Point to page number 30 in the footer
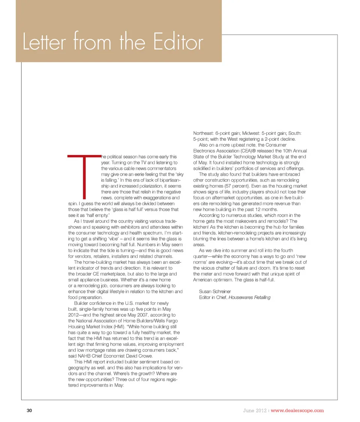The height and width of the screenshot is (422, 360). pyautogui.click(x=29, y=410)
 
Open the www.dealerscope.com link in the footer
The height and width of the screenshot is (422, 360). pyautogui.click(x=297, y=410)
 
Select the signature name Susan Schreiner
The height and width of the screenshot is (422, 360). pyautogui.click(x=214, y=291)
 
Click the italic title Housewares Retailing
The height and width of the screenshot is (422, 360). pyautogui.click(x=249, y=297)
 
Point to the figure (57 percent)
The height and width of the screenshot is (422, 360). pyautogui.click(x=235, y=186)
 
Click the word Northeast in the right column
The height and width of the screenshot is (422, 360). pyautogui.click(x=203, y=133)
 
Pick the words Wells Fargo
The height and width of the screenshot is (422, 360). pyautogui.click(x=166, y=321)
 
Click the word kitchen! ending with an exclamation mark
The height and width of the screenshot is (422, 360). pyautogui.click(x=201, y=227)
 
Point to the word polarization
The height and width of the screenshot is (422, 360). pyautogui.click(x=148, y=186)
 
